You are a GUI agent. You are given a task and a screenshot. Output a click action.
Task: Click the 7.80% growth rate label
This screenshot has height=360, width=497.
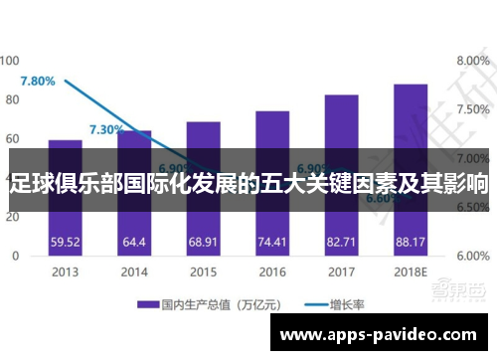(38, 81)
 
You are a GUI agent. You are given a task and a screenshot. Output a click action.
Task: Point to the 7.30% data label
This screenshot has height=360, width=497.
(106, 129)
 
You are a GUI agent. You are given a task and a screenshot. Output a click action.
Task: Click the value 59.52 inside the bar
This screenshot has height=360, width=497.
(66, 241)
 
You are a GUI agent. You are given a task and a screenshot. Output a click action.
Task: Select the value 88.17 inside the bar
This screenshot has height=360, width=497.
(410, 241)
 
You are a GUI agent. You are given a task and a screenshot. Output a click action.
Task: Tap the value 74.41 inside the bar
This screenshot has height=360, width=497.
(272, 241)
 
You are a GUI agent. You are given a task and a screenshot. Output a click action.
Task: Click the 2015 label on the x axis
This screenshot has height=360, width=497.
(203, 270)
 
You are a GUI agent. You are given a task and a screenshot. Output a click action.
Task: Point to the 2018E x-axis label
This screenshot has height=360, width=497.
(410, 270)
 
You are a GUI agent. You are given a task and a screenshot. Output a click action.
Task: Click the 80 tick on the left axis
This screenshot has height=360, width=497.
(13, 99)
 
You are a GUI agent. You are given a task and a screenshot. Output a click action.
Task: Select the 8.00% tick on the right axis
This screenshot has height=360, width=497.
(473, 61)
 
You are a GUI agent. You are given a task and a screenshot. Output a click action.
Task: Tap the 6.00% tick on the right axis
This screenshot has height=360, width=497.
(473, 256)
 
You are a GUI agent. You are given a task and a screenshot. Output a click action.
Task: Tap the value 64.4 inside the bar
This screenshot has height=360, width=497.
(134, 241)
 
